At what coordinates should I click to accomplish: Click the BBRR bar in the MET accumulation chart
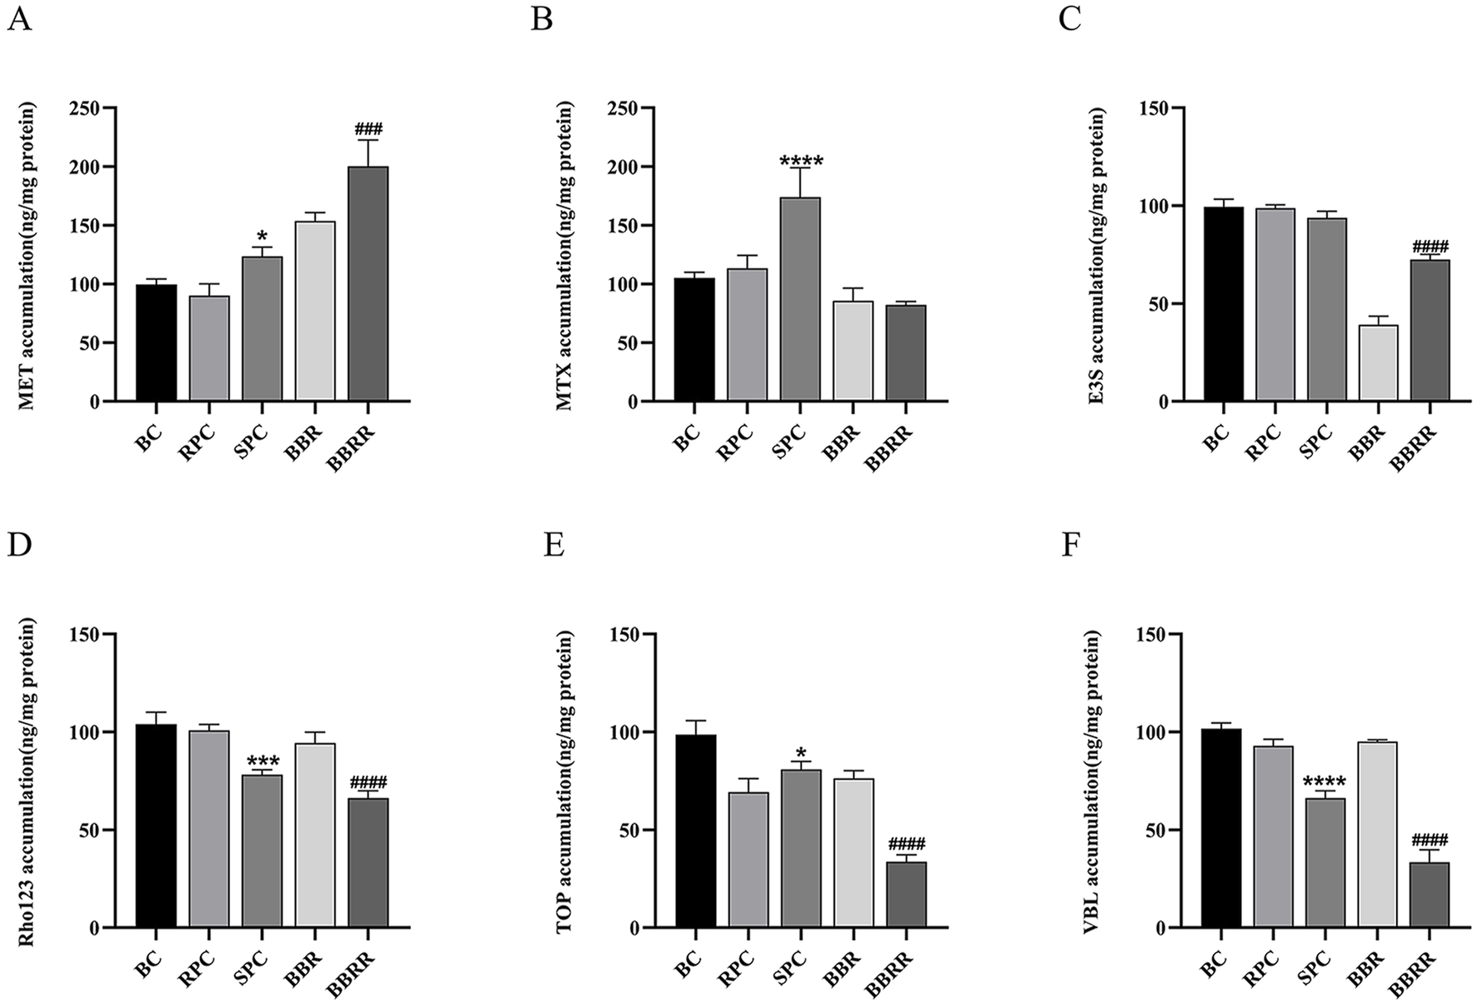tap(368, 284)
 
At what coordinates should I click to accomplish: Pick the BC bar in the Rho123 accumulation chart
tap(156, 826)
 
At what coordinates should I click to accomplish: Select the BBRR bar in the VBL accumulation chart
tap(1429, 895)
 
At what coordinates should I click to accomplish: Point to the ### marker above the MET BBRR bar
tap(368, 129)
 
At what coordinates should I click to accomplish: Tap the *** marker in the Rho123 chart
tap(263, 761)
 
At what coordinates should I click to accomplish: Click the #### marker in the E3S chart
tap(1430, 247)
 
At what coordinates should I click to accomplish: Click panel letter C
tap(1069, 18)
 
